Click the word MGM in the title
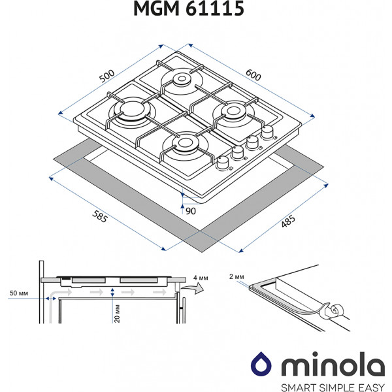tap(168, 11)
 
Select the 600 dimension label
tap(253, 76)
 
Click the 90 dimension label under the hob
tap(191, 210)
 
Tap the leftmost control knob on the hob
tap(224, 162)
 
